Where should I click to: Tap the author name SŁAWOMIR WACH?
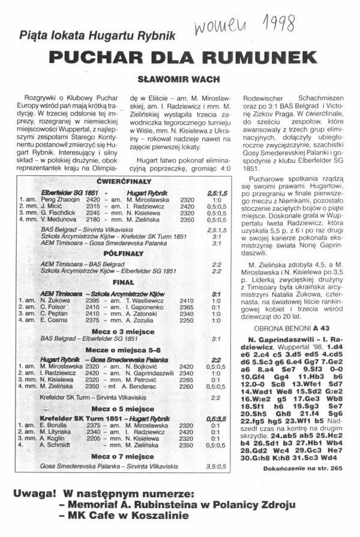(179, 78)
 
